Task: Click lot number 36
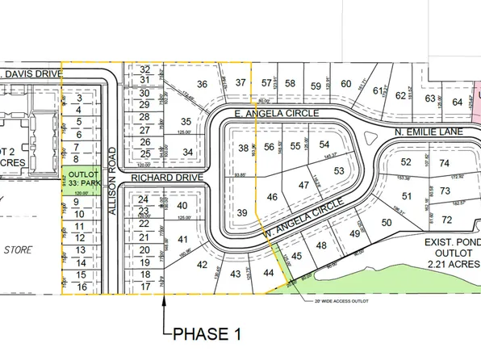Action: point(202,84)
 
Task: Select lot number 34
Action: point(187,152)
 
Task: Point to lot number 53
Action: point(338,170)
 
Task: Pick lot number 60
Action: point(345,84)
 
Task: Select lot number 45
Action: point(296,257)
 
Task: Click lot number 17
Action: point(146,286)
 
